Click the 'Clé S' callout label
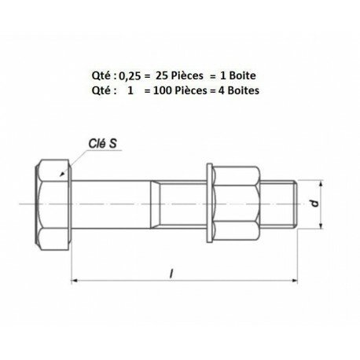[x=102, y=143]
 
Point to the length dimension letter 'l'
[x=171, y=273]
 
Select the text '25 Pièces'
[x=179, y=75]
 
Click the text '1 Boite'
[x=238, y=75]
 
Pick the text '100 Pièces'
[x=180, y=90]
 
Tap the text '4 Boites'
[x=239, y=90]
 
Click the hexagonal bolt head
[x=53, y=204]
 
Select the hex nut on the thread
[x=237, y=204]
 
